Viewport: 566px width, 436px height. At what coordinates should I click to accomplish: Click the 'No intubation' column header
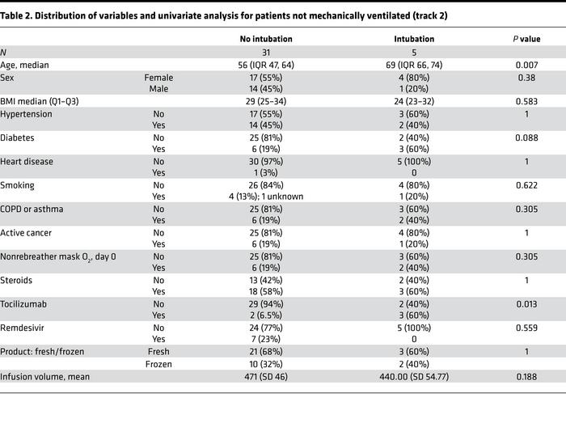255,38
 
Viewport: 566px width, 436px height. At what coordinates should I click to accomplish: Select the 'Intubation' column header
415,38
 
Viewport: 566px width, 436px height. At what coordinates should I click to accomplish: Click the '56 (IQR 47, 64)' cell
255,65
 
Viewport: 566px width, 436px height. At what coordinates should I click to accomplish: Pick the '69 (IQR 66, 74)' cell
415,65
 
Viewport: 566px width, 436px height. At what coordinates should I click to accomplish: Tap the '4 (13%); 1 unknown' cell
255,195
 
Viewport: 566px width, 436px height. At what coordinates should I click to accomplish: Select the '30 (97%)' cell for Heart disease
255,161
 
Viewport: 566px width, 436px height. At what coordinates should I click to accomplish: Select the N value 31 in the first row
255,53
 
